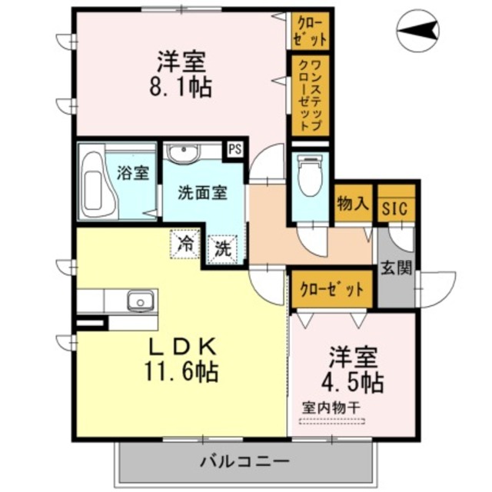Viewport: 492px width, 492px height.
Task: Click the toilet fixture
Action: (x=311, y=175)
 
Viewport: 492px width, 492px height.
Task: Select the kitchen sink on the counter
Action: (x=140, y=300)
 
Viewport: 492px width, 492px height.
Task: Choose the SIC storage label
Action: (x=396, y=205)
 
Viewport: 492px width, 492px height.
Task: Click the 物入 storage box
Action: (x=354, y=204)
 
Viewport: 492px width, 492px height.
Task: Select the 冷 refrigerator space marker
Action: (x=184, y=244)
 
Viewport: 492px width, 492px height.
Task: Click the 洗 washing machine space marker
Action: (x=222, y=248)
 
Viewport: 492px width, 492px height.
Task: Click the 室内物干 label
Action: (x=332, y=407)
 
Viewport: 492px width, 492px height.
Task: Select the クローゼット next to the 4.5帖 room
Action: (x=331, y=290)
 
